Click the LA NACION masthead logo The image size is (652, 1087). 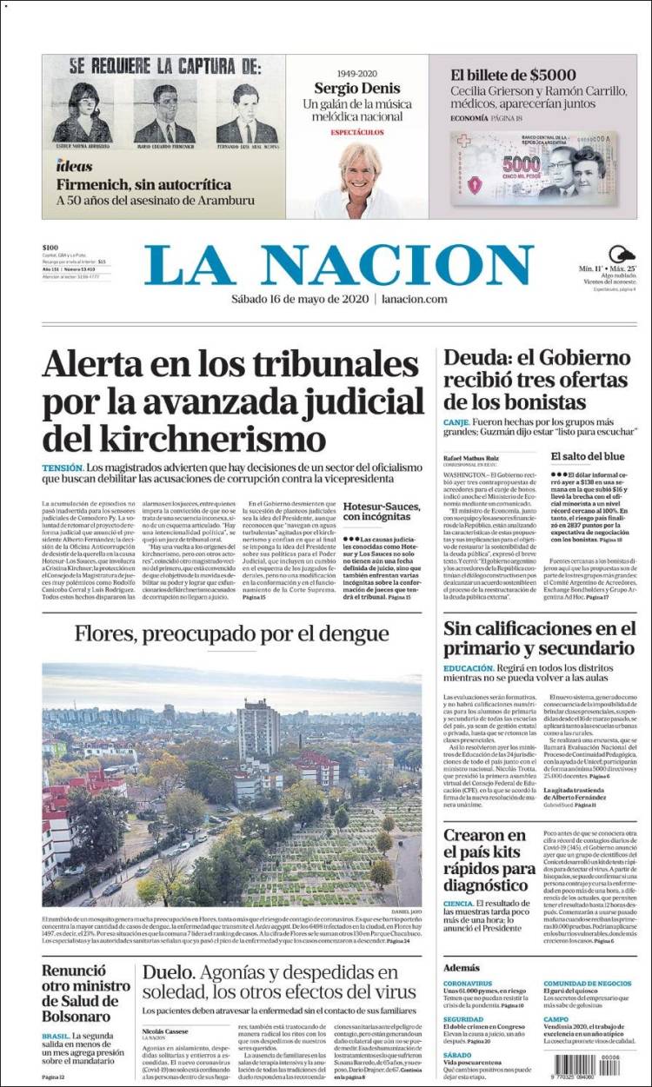click(x=339, y=265)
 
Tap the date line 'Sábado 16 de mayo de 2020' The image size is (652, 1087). click(x=299, y=299)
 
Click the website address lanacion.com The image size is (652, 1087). click(x=413, y=299)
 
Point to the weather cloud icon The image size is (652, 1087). click(x=621, y=255)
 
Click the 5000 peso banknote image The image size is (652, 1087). click(x=532, y=167)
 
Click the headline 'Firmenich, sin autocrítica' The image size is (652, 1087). click(x=143, y=184)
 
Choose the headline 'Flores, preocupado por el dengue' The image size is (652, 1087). click(x=231, y=633)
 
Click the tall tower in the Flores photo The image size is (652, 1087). click(x=258, y=728)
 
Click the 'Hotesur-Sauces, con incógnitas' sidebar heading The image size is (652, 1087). click(x=382, y=512)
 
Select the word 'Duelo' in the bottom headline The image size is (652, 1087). click(x=170, y=974)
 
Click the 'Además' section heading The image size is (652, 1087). click(x=461, y=967)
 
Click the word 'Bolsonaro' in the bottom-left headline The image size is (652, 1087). click(x=75, y=1017)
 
